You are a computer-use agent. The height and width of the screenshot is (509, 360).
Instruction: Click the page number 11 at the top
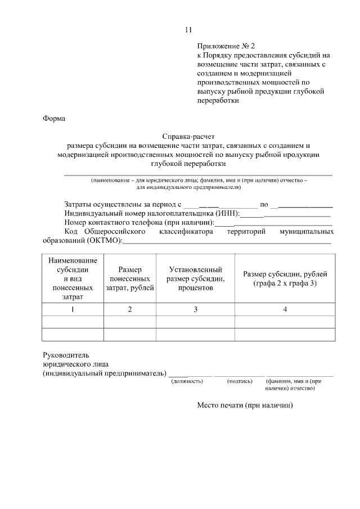point(188,30)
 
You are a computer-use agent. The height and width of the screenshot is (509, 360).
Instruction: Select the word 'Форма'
point(54,119)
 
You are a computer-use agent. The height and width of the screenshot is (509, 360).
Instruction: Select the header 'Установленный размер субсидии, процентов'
point(196,278)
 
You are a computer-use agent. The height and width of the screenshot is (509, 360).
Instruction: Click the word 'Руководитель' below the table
point(66,355)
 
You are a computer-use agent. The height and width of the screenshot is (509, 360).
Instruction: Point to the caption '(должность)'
point(187,381)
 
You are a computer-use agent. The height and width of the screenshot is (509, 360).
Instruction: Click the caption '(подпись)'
point(240,381)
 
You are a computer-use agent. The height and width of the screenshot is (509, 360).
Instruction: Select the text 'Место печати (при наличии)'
point(245,406)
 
